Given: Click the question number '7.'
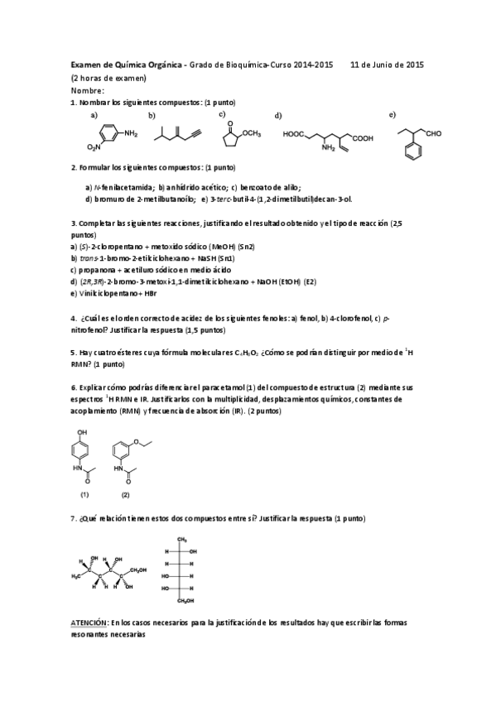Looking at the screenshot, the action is pos(75,518).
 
